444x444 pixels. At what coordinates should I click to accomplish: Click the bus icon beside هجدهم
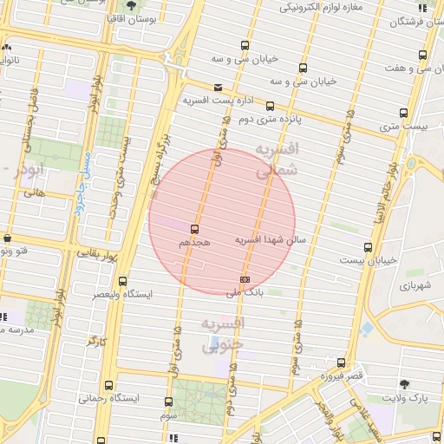click(x=193, y=231)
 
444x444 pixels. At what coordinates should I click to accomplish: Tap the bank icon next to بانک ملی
click(x=245, y=279)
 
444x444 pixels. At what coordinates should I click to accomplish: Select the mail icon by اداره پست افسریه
click(x=217, y=87)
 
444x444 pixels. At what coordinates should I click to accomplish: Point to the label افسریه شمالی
click(x=277, y=160)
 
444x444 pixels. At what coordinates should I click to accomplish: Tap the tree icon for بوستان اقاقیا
click(x=130, y=6)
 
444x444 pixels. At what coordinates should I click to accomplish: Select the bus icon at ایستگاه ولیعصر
click(x=122, y=281)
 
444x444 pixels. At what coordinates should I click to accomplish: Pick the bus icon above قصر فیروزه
click(x=341, y=363)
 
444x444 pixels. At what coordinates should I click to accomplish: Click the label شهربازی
click(x=415, y=284)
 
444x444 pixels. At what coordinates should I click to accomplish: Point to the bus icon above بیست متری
click(x=403, y=112)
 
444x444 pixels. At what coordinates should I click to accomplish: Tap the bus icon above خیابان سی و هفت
click(x=422, y=55)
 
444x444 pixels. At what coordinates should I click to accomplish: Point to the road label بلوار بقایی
click(x=101, y=254)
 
